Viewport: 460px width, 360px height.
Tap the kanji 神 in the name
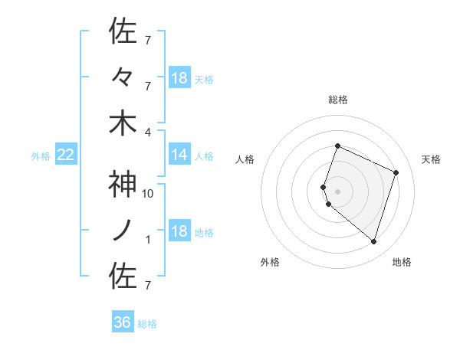tap(123, 185)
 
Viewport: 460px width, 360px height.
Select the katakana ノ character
tap(123, 231)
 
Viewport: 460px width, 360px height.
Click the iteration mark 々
tap(123, 77)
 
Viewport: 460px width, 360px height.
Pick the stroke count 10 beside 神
tap(149, 194)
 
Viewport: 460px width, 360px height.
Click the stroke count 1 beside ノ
tap(149, 240)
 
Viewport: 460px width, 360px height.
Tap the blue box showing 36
tap(123, 322)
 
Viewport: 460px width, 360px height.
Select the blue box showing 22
tap(66, 155)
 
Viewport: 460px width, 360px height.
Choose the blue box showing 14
tap(179, 155)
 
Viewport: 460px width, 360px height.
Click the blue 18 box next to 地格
tap(179, 232)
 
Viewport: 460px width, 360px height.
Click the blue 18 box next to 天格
tap(179, 78)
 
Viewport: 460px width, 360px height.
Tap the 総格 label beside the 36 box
tap(147, 324)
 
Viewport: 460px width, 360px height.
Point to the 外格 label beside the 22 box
tap(41, 156)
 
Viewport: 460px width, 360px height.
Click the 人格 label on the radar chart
tap(245, 159)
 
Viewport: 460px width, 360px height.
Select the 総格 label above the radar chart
tap(338, 100)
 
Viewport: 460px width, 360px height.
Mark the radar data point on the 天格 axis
tap(396, 172)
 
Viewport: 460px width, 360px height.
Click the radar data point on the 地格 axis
tap(373, 242)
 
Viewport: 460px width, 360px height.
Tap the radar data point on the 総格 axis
tap(337, 146)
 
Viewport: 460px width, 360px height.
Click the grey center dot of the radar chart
tap(337, 191)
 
